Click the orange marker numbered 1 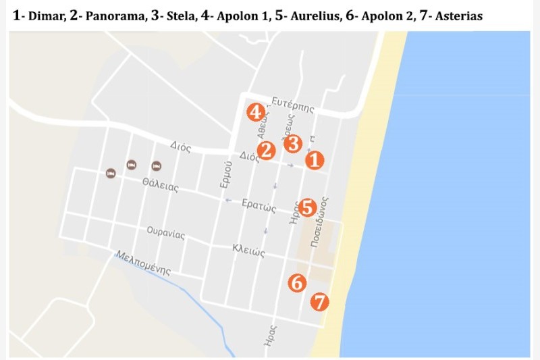(315, 160)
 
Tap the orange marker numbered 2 (266, 151)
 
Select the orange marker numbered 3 (292, 143)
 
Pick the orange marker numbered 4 (255, 112)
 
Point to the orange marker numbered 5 (308, 207)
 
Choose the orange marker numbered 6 (297, 283)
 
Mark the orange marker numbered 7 (320, 301)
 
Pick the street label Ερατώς (261, 205)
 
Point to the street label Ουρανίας (166, 234)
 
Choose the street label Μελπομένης (143, 264)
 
